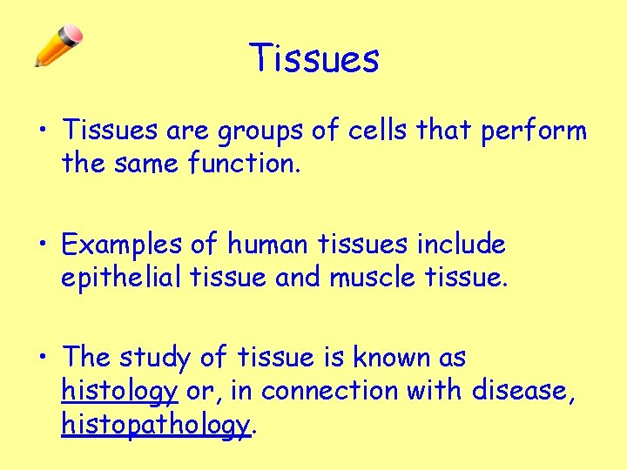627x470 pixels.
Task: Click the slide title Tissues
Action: [314, 59]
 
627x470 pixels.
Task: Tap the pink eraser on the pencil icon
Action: [75, 36]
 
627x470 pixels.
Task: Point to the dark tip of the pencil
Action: [37, 64]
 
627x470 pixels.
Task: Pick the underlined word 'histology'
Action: [119, 392]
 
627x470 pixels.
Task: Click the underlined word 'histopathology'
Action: [155, 425]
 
